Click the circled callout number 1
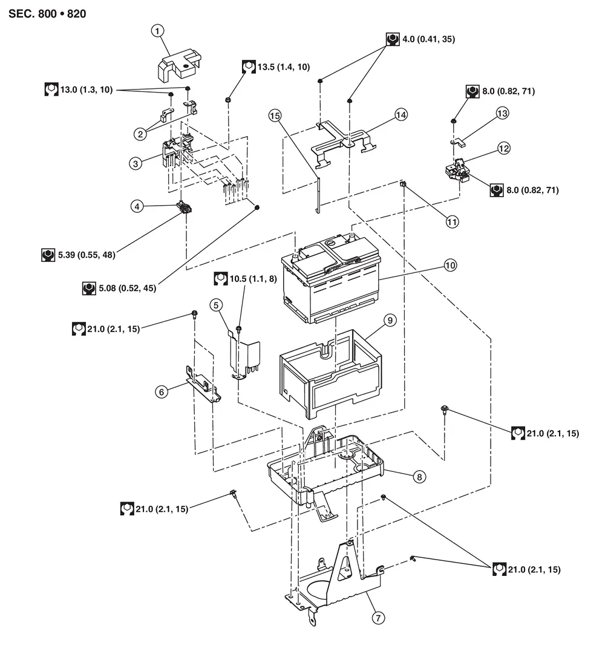(157, 31)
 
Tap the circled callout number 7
(378, 618)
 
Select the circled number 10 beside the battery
(451, 265)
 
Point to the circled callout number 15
(275, 116)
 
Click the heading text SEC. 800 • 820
(47, 14)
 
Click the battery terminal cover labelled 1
(179, 65)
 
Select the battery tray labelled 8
(325, 467)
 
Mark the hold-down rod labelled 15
(318, 194)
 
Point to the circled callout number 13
(502, 113)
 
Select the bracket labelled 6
(203, 385)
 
